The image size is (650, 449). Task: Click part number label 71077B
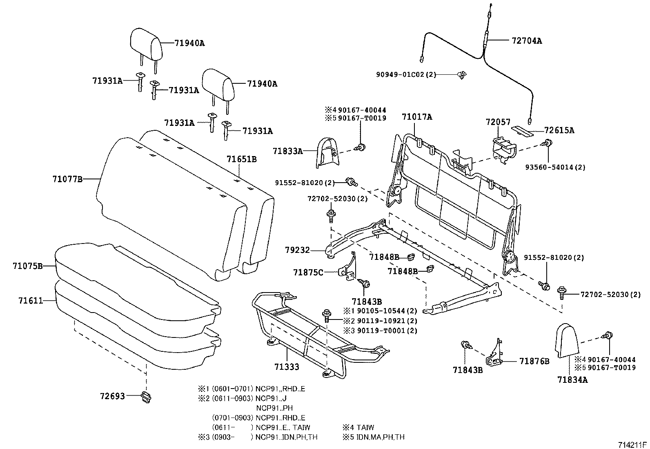coord(67,179)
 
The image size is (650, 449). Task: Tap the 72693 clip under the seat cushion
coord(147,397)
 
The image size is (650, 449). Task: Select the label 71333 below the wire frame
coord(287,367)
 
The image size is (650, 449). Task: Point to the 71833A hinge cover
coord(327,153)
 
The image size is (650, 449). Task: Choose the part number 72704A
coord(527,41)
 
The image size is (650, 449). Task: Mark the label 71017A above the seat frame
coord(417,117)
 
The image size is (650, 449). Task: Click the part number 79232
coord(297,250)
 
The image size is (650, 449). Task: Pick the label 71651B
coord(241,159)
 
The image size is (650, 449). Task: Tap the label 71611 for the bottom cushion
coord(31,301)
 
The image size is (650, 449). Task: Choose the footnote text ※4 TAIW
coord(358,427)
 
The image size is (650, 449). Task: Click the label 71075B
coord(28,266)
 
